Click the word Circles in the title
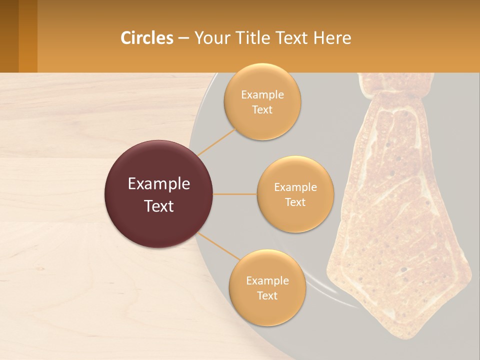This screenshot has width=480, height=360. pos(146,38)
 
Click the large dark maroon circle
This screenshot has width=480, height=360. pos(158,194)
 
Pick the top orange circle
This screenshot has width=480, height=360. pos(262,101)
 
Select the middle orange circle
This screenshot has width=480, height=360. pos(295,194)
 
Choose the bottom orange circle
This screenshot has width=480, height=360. pos(267,287)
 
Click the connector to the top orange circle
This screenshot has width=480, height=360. pos(217,141)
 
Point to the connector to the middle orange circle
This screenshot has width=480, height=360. pos(235,194)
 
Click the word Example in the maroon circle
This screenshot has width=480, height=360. pos(158,184)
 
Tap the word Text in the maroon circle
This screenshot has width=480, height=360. pos(158,206)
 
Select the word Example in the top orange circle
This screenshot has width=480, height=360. pos(262,95)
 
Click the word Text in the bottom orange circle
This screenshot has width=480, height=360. pos(267,295)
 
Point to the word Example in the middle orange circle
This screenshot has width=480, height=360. pos(295,187)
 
